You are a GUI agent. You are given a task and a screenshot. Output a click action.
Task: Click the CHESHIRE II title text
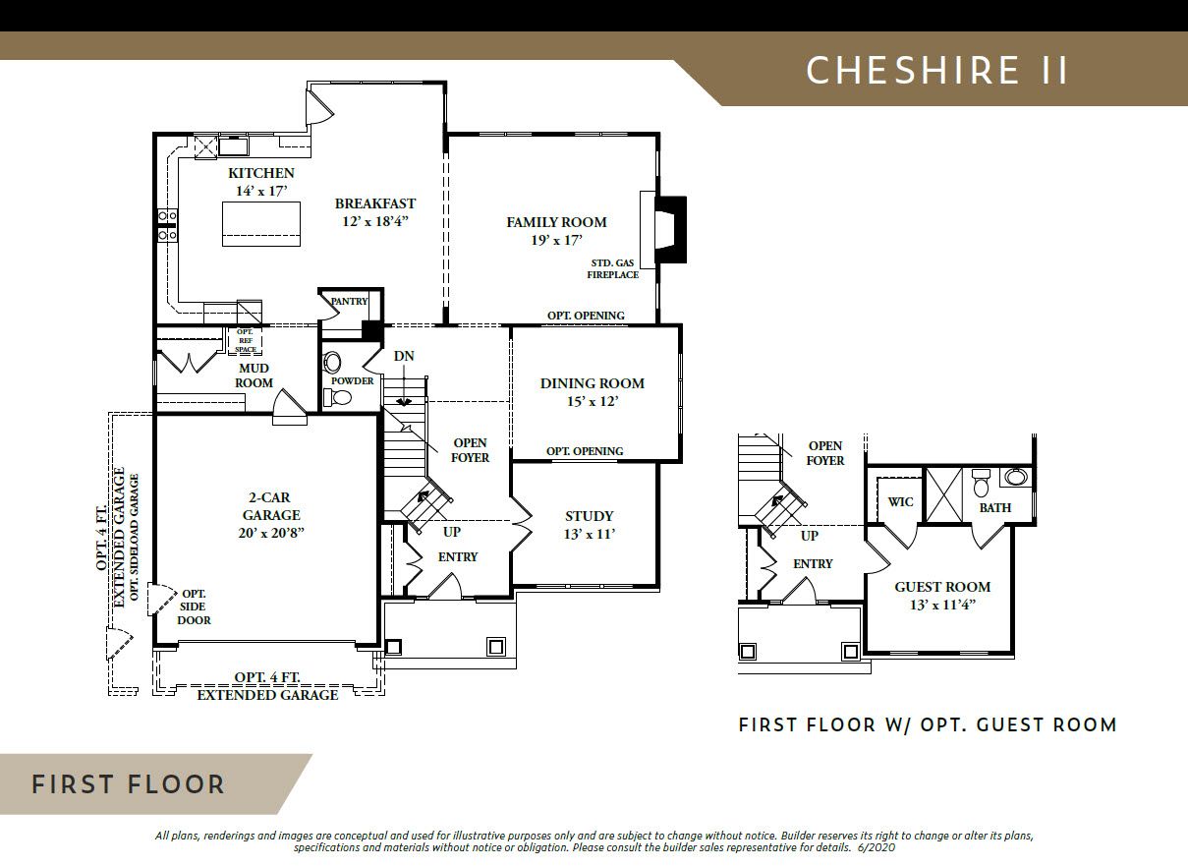937,70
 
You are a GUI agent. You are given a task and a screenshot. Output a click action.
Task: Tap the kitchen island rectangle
261,223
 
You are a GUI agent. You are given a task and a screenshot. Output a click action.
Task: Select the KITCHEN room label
261,173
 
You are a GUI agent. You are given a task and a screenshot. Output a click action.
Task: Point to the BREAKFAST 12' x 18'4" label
375,212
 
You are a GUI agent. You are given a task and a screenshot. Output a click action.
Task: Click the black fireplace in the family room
670,230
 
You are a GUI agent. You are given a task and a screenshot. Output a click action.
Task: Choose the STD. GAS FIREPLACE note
612,269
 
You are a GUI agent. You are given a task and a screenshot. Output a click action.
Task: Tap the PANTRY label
349,302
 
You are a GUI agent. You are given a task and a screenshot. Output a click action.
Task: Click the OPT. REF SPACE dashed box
245,340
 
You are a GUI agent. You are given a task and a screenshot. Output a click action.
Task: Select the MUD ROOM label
254,376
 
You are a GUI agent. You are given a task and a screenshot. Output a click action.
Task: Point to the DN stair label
404,356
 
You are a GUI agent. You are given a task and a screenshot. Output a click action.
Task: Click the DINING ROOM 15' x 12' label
592,392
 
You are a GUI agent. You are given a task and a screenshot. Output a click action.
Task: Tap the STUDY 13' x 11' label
590,525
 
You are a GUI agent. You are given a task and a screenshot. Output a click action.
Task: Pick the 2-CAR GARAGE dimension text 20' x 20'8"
271,533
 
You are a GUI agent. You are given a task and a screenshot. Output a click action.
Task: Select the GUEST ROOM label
942,587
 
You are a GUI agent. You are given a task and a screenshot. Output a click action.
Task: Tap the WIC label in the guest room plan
900,502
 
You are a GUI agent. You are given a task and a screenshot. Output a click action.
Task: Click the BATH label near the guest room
995,508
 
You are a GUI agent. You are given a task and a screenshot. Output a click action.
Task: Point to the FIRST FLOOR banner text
129,784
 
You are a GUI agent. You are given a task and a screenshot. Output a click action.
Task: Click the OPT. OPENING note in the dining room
585,451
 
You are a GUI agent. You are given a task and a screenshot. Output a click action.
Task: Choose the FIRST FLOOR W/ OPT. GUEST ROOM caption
928,724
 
